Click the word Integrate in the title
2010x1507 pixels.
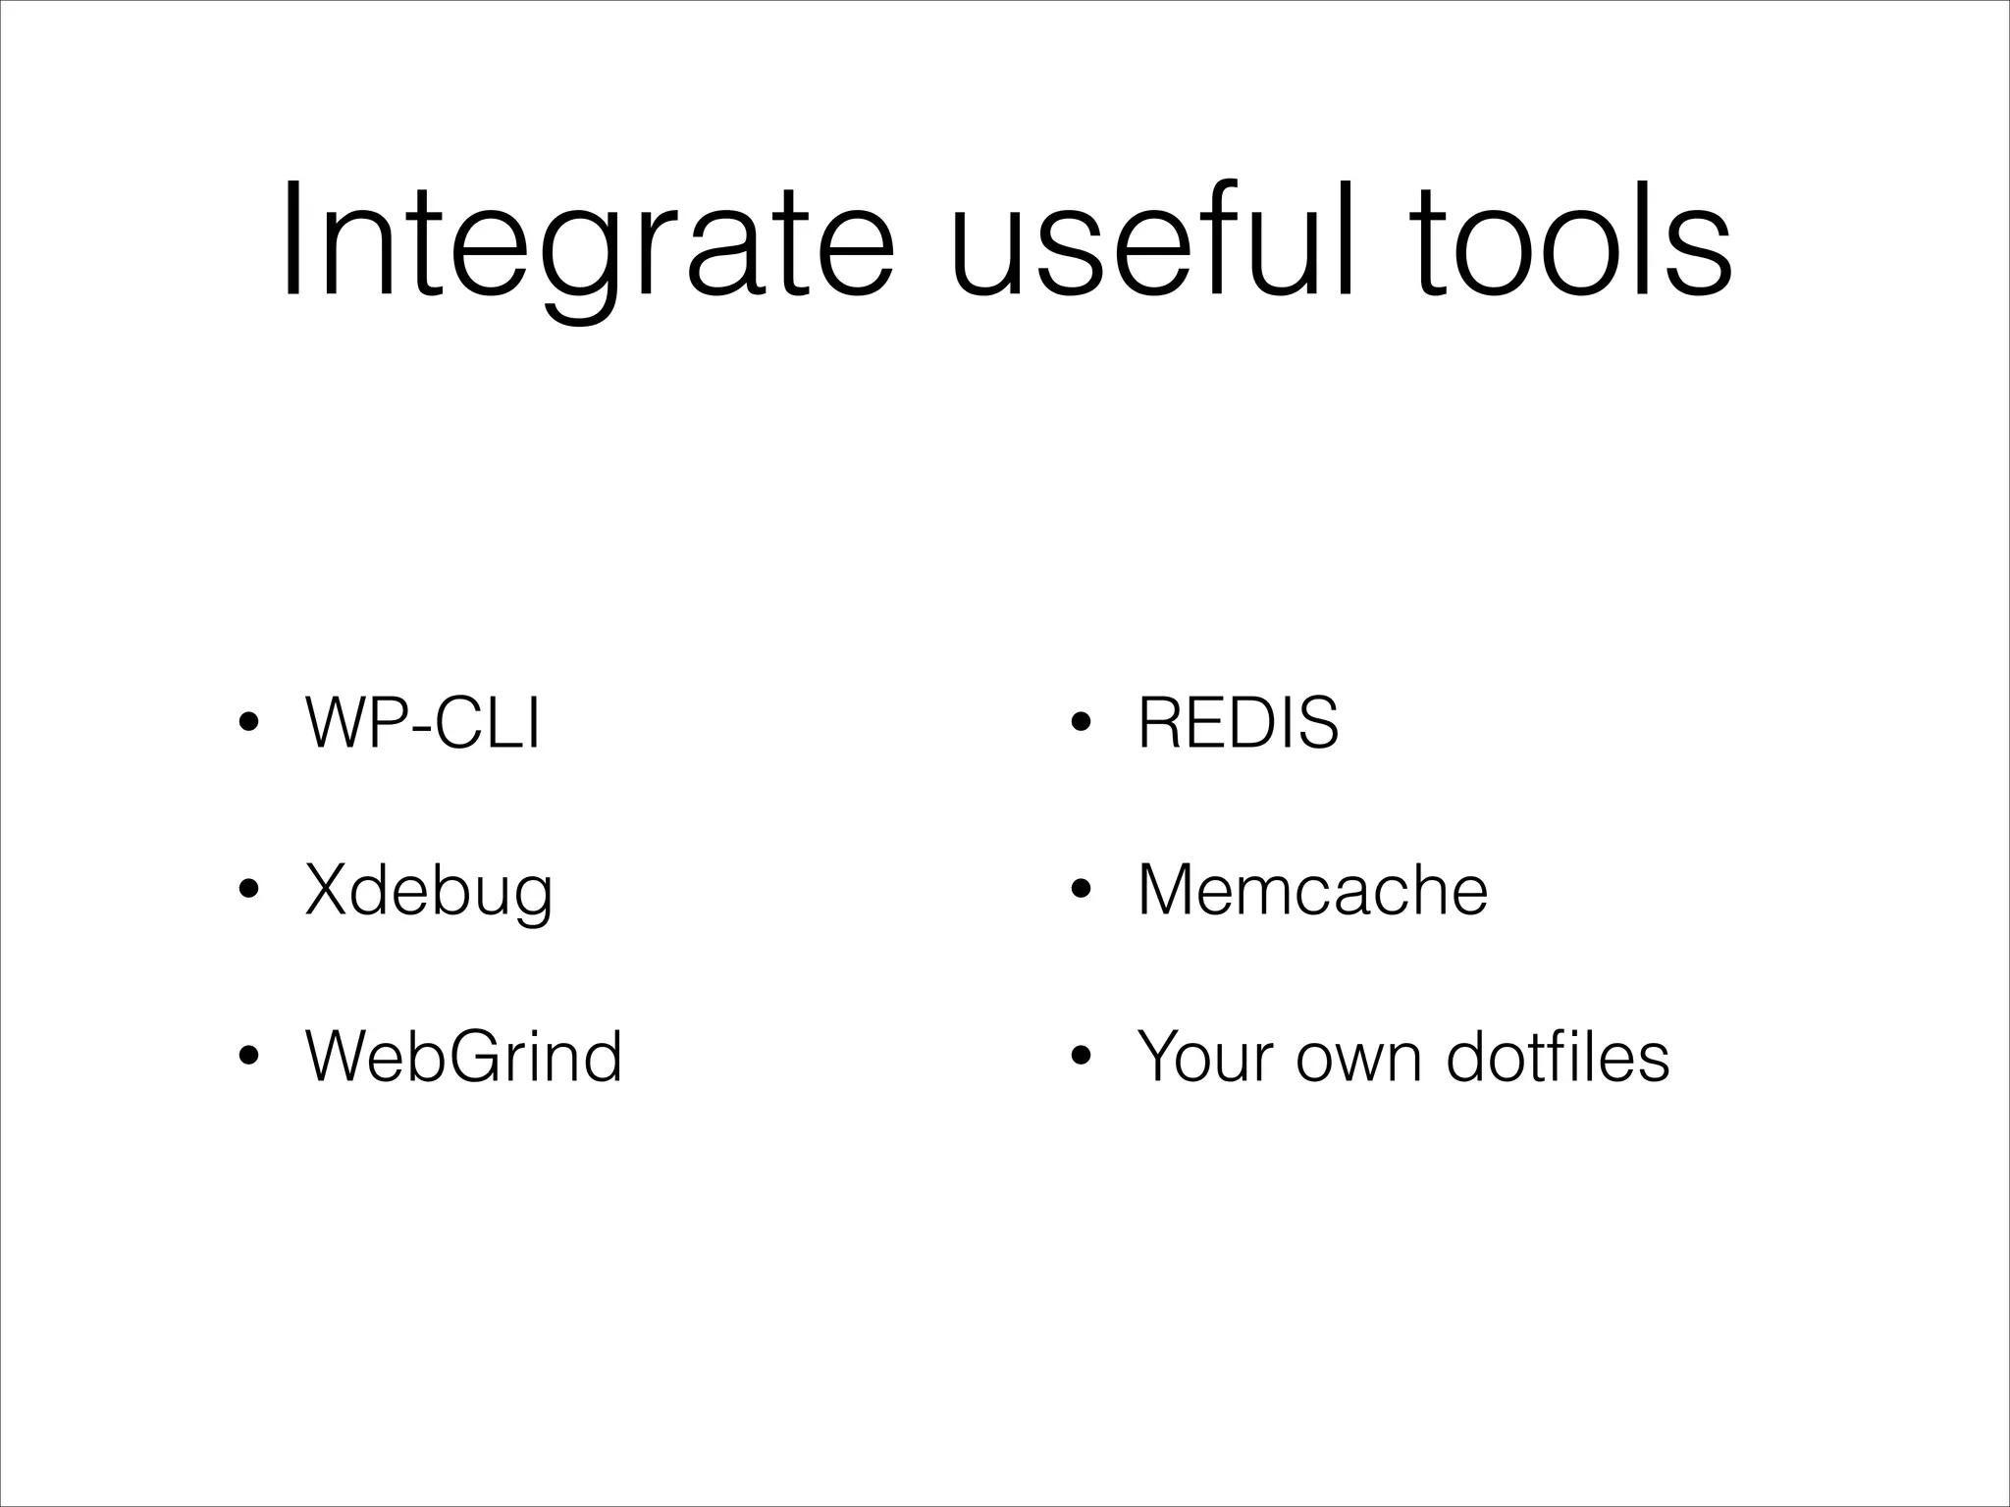click(x=587, y=245)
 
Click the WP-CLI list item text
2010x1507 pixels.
click(x=422, y=723)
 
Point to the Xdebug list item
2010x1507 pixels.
click(x=429, y=891)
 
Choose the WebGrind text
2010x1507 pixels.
click(x=463, y=1057)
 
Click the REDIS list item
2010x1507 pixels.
click(x=1238, y=723)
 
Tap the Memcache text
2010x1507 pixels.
click(x=1312, y=890)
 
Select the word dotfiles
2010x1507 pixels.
click(x=1558, y=1057)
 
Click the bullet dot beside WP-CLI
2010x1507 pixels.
click(x=249, y=725)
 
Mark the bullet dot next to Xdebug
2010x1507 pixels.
click(x=249, y=891)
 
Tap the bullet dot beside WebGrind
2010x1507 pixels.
click(x=249, y=1058)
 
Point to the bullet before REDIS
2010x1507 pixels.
click(x=1082, y=725)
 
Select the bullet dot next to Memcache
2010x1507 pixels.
click(x=1082, y=891)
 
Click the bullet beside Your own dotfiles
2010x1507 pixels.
click(x=1082, y=1058)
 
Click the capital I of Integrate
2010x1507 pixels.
click(x=291, y=240)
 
